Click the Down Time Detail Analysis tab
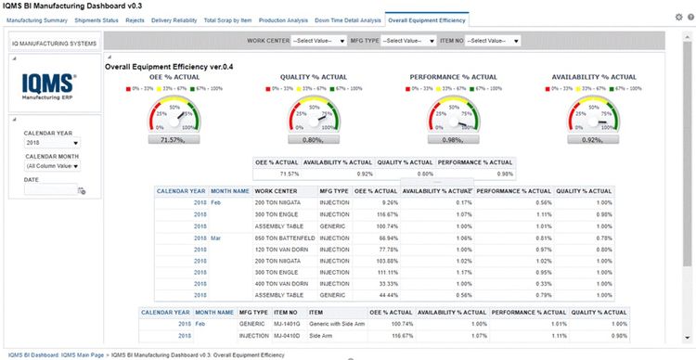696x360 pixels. coord(348,19)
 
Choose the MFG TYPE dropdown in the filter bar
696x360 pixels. coord(410,41)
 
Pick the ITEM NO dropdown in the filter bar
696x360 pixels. coord(493,41)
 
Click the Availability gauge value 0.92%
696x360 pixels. coord(593,139)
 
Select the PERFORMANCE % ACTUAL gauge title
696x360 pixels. coord(453,77)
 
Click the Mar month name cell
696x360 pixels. coord(216,238)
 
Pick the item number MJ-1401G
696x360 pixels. coord(286,324)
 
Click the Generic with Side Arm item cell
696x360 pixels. coord(337,324)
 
